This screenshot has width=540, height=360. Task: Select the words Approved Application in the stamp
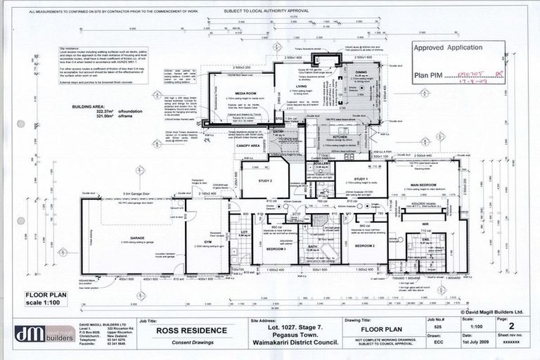tap(447, 48)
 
